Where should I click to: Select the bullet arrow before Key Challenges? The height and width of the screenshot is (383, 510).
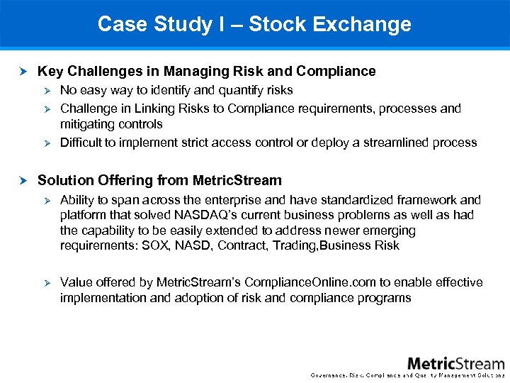pyautogui.click(x=23, y=71)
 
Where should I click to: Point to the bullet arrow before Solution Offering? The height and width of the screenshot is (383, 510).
pyautogui.click(x=23, y=180)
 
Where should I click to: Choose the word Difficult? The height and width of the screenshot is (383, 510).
pyautogui.click(x=83, y=143)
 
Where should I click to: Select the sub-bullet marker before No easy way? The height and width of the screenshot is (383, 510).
pyautogui.click(x=47, y=90)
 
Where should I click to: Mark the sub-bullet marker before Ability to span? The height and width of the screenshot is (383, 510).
pyautogui.click(x=47, y=200)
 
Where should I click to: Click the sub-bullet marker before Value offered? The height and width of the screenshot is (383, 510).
pyautogui.click(x=47, y=282)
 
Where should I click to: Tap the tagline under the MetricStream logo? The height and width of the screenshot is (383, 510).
pyautogui.click(x=408, y=375)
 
